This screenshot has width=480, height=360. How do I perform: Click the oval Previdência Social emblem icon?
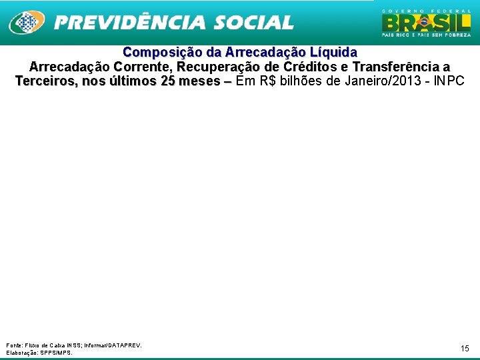point(27,22)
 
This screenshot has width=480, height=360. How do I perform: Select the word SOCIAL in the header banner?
point(254,23)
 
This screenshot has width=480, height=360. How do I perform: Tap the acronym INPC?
point(449,81)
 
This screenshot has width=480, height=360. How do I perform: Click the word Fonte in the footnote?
point(13,345)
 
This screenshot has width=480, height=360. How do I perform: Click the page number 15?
point(465,348)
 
